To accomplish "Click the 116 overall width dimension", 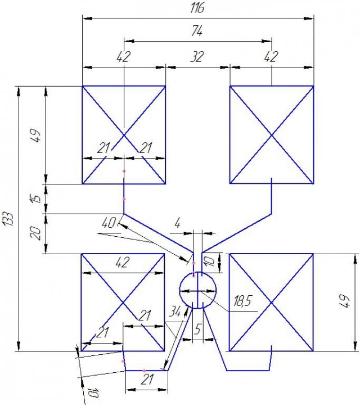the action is point(197,8).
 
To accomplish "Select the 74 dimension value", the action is point(197,31).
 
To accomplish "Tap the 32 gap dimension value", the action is point(197,57).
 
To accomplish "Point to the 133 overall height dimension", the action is point(8,219).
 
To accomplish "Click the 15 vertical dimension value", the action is point(37,199).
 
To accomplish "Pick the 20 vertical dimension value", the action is point(35,233).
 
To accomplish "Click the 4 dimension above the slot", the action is point(177,223).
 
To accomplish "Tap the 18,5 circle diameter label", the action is point(242,301).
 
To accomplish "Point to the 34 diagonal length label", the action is point(175,313).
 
